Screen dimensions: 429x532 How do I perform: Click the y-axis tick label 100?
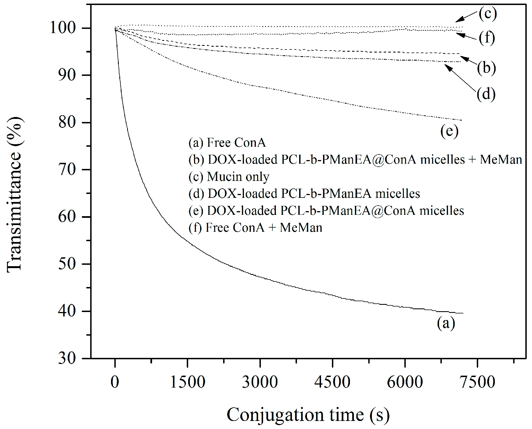pos(63,28)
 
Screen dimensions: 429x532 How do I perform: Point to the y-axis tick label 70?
pos(67,169)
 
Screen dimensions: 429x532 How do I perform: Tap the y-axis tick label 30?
pos(67,358)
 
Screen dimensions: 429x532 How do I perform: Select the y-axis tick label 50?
pos(67,264)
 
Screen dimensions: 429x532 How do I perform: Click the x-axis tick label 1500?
pos(188,382)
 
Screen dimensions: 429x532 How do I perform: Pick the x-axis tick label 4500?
pos(332,382)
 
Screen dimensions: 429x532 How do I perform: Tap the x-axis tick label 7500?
pos(477,382)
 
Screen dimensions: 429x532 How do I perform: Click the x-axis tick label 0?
pos(115,382)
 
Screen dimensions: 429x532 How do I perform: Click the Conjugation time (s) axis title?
pos(308,415)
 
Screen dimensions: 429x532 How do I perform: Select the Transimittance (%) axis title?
pos(14,194)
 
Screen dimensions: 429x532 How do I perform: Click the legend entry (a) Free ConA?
pos(227,143)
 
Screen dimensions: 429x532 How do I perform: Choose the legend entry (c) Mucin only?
pos(229,177)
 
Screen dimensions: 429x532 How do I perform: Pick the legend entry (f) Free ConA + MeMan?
pos(255,228)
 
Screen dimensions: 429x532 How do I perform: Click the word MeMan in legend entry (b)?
pos(501,160)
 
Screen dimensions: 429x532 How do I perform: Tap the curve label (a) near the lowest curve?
pos(446,323)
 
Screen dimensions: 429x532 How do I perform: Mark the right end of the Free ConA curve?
pos(463,313)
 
